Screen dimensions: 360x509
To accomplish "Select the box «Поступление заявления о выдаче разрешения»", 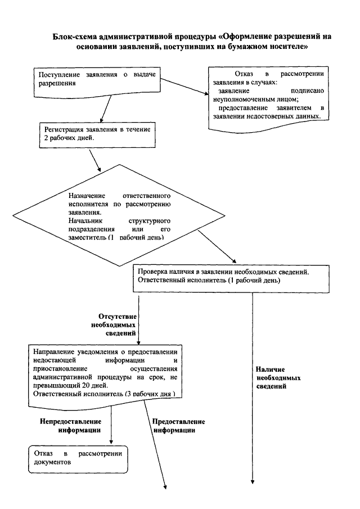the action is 97,83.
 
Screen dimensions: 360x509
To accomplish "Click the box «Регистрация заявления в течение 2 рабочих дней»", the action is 97,135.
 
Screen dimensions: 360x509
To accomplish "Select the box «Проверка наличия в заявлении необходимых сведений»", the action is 231,278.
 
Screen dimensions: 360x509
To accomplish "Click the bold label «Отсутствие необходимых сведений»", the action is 114,325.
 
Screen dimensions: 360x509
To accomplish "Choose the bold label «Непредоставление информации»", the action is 71,426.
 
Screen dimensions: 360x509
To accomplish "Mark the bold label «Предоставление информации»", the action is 178,426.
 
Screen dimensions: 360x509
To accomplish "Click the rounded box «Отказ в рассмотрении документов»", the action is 78,459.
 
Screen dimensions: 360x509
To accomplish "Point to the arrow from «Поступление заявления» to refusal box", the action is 185,87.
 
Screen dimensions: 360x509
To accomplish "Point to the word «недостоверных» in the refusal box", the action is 274,116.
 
